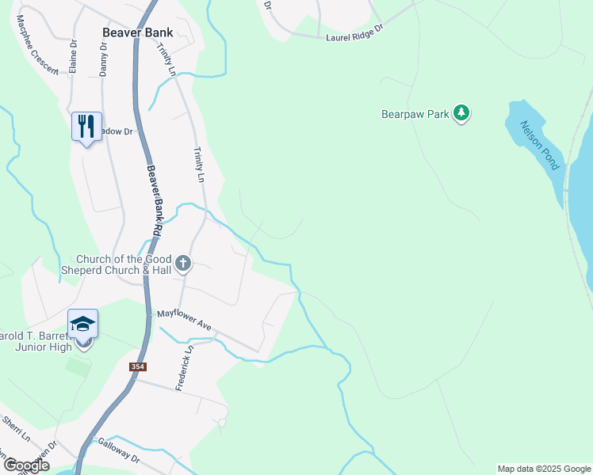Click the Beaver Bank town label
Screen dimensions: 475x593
point(138,33)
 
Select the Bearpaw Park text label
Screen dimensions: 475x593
point(415,114)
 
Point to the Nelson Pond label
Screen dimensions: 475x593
point(540,146)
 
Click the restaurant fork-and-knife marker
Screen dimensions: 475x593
point(86,127)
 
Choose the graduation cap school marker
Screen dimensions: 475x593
point(82,325)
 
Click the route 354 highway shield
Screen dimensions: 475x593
point(138,367)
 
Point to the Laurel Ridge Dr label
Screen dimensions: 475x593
point(354,31)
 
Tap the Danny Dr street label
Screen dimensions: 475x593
point(103,59)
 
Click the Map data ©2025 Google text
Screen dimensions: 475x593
point(545,469)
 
